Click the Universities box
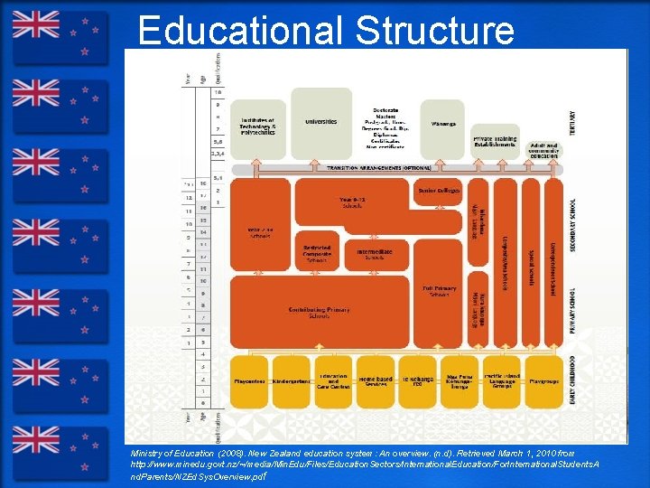[320, 122]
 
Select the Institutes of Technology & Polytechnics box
[259, 127]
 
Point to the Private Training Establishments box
[495, 141]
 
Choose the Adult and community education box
[543, 148]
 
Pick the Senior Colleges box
[440, 191]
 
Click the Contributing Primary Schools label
[319, 312]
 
